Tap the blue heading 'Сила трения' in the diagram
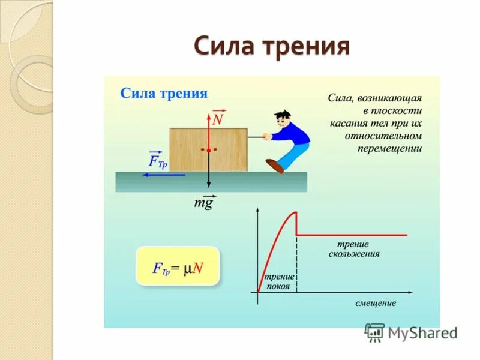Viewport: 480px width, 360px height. coord(164,93)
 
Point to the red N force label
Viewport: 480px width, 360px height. coord(218,119)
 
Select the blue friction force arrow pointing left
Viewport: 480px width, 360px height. coord(164,175)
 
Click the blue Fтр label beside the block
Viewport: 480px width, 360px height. coord(157,161)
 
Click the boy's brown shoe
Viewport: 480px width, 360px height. coord(275,165)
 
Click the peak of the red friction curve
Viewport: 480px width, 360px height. coord(295,212)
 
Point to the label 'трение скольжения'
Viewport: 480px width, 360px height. coord(353,249)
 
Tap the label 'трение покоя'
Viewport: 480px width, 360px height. coord(280,281)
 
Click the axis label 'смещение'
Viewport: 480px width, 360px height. coord(376,303)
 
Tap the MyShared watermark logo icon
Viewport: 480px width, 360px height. coord(374,332)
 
